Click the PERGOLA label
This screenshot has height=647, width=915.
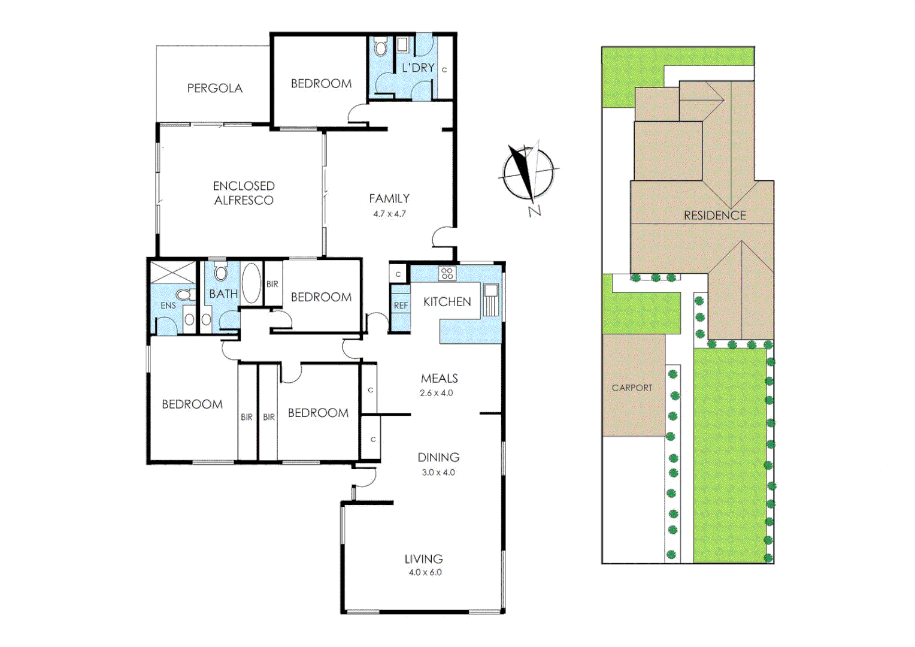click(x=214, y=88)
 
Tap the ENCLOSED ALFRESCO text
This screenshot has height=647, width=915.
click(x=244, y=193)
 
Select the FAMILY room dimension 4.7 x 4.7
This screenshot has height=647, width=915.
click(x=389, y=214)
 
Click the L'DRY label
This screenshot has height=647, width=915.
click(x=418, y=68)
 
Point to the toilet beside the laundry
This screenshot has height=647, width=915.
click(x=380, y=47)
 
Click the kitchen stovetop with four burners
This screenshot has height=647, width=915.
click(x=447, y=274)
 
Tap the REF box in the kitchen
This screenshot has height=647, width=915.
click(x=401, y=306)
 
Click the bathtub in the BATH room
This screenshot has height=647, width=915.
click(x=251, y=283)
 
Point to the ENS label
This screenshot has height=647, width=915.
click(x=168, y=306)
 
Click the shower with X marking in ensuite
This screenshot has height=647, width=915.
click(x=172, y=273)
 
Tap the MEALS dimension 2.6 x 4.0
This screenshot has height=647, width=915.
click(x=437, y=393)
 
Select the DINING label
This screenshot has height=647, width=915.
click(x=438, y=457)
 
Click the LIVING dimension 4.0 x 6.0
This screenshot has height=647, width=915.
click(x=425, y=572)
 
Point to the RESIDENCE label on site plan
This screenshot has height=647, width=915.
click(x=715, y=215)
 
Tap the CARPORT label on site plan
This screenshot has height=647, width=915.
click(x=632, y=388)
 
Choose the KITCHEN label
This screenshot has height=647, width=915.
click(x=447, y=302)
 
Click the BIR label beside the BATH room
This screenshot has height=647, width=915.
click(x=272, y=284)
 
